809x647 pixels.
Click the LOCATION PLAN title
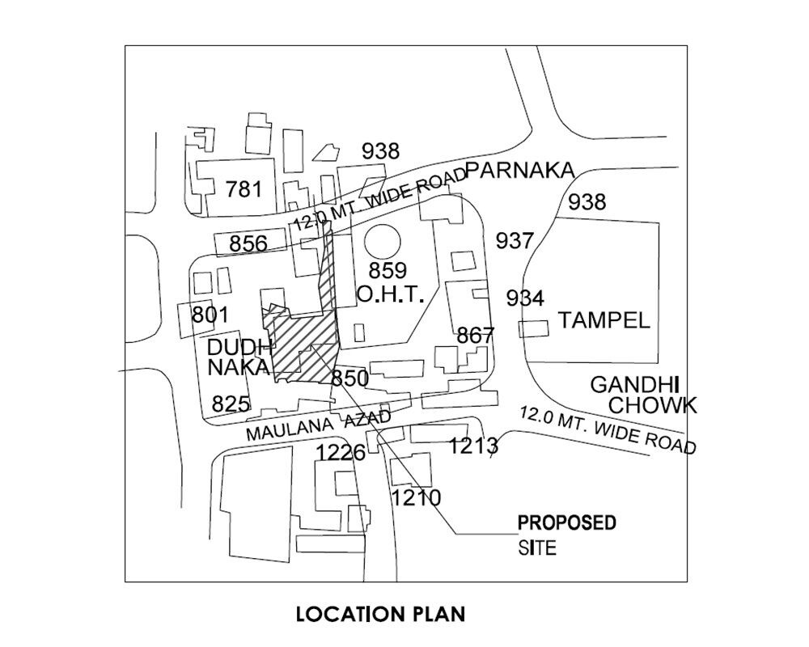pos(380,614)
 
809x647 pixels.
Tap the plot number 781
pos(244,189)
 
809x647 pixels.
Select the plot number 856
pos(248,243)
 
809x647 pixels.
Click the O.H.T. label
pos(391,294)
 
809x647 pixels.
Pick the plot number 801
pos(210,315)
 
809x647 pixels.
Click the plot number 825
pos(231,404)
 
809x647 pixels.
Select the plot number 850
pos(349,378)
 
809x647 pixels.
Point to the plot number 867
pos(475,336)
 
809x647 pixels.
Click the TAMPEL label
pos(604,320)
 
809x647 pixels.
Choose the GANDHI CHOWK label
pos(643,395)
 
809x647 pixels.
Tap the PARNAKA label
pos(520,171)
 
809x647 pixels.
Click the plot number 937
pos(515,240)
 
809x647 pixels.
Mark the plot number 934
pos(525,298)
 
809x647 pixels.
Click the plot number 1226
pos(341,453)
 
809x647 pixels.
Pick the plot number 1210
pos(417,498)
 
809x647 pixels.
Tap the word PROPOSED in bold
pos(567,522)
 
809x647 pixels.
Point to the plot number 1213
pos(473,446)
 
